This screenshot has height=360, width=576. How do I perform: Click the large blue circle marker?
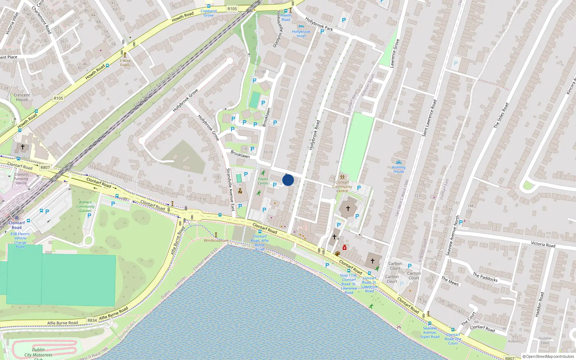[288, 180]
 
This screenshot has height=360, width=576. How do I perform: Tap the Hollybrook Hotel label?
[301, 33]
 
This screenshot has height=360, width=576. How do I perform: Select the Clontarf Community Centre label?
[342, 186]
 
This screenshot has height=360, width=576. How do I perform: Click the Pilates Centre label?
[263, 181]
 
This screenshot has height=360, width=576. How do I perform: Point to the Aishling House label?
[399, 169]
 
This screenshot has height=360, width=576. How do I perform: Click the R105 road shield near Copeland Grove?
[232, 9]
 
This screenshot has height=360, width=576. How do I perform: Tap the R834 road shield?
[92, 320]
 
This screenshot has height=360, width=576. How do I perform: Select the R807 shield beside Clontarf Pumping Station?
[45, 167]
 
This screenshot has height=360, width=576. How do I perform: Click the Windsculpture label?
[216, 240]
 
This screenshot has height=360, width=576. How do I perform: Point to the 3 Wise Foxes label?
[125, 63]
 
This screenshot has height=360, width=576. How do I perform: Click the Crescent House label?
[22, 97]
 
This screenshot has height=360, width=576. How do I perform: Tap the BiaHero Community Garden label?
[85, 206]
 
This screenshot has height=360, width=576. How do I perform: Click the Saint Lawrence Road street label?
[429, 118]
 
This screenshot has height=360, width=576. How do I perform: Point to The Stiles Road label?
[501, 115]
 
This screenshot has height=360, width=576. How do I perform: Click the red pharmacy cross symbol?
[345, 247]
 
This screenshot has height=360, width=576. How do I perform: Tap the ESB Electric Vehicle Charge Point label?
[20, 240]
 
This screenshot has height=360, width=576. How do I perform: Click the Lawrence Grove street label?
[395, 53]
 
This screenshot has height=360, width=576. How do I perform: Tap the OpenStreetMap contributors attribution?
[548, 356]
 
